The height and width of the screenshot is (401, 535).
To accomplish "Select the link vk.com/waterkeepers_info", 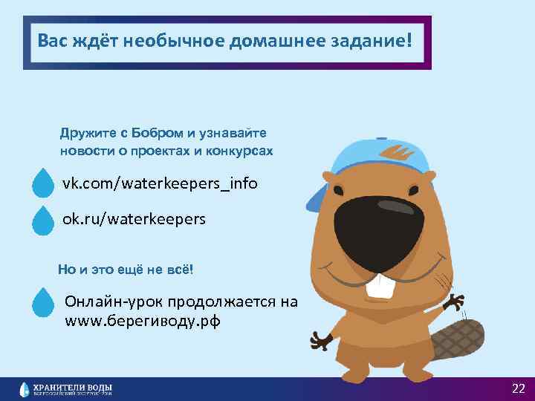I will (160, 182).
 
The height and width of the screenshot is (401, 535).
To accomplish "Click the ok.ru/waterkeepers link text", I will (134, 220).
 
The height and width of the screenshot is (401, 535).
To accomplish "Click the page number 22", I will (518, 388).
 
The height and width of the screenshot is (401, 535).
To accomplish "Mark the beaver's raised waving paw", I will (455, 301).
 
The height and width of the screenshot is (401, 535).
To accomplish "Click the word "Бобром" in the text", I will (158, 134).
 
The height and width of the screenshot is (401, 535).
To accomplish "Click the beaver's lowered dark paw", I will (321, 341).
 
